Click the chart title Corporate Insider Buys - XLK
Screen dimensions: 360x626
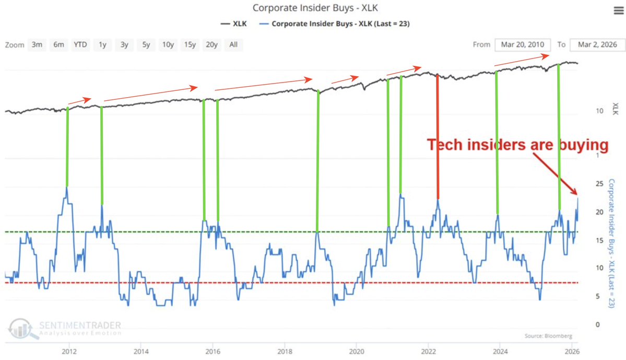(313, 8)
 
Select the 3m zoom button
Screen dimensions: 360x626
(37, 44)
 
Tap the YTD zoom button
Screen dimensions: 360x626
(80, 44)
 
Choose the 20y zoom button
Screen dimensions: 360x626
(211, 44)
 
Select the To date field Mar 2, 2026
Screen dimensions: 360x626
(597, 44)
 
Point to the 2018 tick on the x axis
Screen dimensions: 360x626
(284, 351)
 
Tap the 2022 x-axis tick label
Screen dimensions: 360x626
(428, 351)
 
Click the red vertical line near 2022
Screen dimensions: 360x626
(438, 136)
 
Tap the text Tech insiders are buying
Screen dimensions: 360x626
(518, 146)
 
